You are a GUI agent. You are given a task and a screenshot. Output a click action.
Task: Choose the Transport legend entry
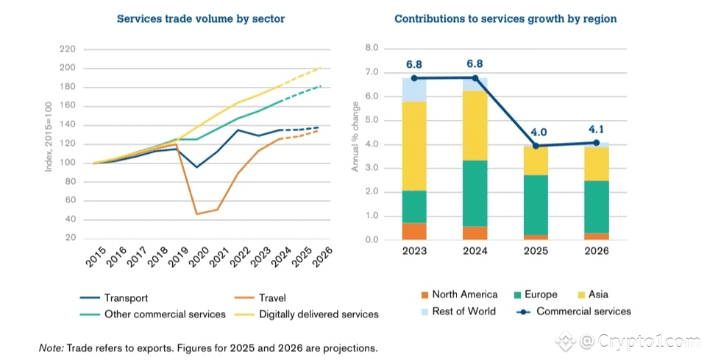[x=126, y=298]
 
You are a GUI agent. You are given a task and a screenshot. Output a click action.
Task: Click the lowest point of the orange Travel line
[x=196, y=214]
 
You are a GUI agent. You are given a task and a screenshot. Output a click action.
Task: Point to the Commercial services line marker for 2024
[x=475, y=77]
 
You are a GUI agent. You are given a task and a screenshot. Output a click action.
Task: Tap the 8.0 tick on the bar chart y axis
[x=372, y=49]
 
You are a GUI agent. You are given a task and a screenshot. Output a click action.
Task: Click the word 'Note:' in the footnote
[x=51, y=347]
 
